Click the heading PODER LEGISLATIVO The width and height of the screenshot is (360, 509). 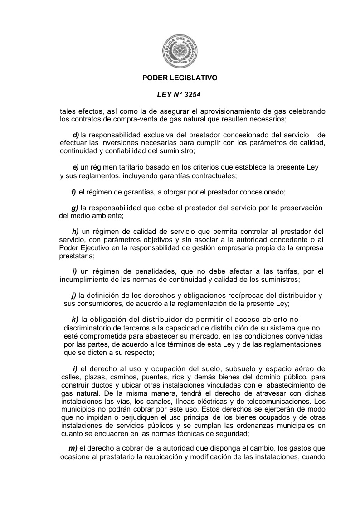180,78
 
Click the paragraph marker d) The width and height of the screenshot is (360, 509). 76,135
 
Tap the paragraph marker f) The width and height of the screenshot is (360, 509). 73,192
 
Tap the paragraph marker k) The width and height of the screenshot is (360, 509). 75,320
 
